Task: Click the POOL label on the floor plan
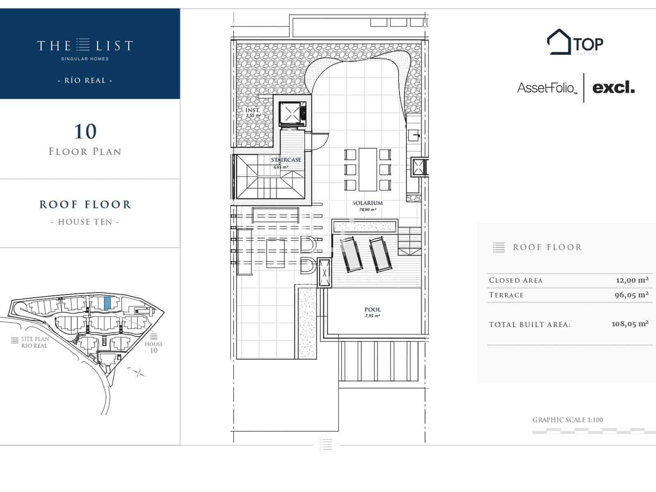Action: (372, 310)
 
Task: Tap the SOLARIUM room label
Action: (367, 203)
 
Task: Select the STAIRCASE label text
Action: (286, 160)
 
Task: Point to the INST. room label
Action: (253, 110)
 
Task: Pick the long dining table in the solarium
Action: (368, 169)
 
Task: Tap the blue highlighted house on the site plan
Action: (107, 303)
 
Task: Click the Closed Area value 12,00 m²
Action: (632, 280)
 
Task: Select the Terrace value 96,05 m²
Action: (631, 295)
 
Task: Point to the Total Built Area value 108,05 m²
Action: (630, 324)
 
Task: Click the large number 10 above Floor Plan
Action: (85, 132)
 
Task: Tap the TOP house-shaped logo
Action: (575, 42)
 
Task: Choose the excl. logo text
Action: (613, 87)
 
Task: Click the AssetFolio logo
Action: (547, 88)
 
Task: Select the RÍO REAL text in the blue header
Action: (85, 80)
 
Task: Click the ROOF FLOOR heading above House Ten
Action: (85, 205)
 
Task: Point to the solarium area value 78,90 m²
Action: (368, 210)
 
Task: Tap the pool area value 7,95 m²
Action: (372, 316)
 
